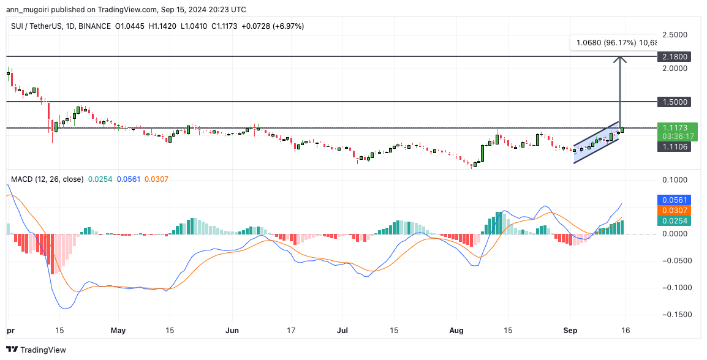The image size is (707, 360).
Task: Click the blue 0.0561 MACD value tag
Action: point(674,200)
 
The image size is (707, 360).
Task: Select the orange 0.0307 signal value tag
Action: point(674,210)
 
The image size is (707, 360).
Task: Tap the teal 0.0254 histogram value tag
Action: point(674,220)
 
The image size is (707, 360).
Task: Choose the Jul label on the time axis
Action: point(342,331)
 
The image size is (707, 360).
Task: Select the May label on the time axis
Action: point(118,331)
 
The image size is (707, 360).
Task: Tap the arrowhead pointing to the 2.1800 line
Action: point(621,59)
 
